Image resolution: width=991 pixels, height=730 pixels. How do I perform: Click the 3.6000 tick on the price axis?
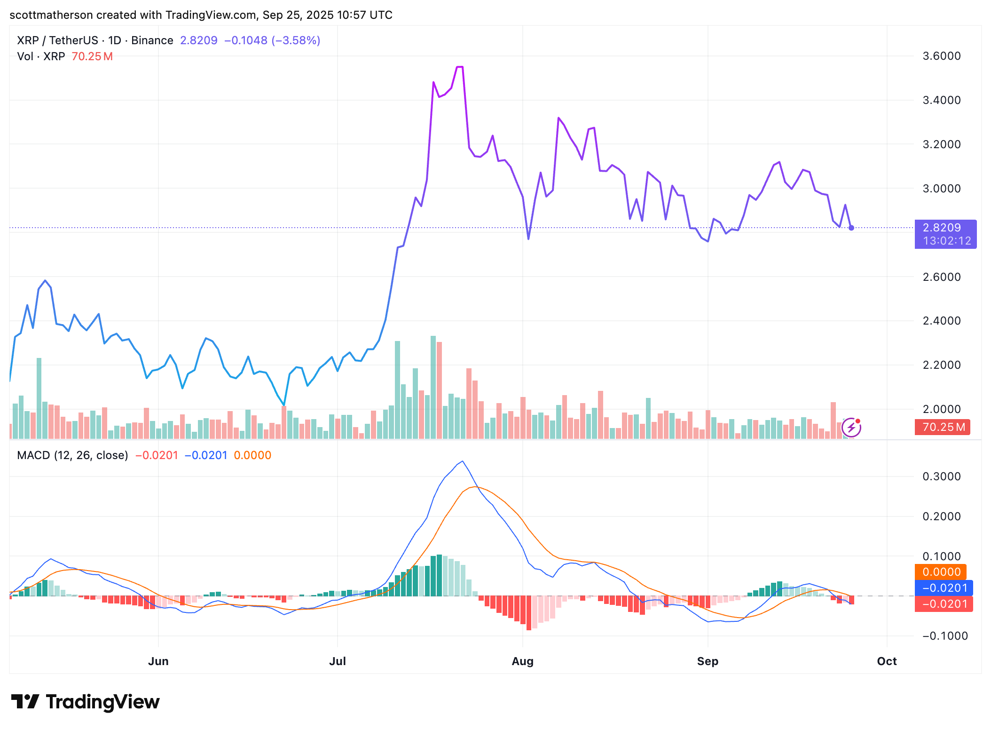(941, 56)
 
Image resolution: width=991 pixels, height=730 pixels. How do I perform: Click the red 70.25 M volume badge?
(942, 427)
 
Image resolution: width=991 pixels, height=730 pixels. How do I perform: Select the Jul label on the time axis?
(337, 661)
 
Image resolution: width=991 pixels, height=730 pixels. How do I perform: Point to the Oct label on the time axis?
(887, 661)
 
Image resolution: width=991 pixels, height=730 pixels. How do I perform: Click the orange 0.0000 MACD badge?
(941, 572)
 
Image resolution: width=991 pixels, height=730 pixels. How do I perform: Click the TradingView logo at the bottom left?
(85, 702)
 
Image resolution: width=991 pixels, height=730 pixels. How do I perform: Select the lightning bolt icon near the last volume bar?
(851, 428)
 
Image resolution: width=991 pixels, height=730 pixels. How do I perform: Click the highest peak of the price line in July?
(460, 67)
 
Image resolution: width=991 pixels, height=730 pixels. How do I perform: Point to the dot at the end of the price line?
(851, 228)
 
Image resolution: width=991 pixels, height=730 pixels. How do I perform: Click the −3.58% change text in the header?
(296, 40)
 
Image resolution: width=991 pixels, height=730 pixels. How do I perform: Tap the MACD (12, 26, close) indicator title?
(72, 455)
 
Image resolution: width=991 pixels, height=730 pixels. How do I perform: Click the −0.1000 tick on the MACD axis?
(941, 636)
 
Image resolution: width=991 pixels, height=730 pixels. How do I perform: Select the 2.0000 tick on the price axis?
(941, 409)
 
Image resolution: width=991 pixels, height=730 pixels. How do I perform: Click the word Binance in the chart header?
(152, 40)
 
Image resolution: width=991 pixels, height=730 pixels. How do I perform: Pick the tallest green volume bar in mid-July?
(433, 387)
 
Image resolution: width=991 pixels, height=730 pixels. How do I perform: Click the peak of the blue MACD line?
(463, 461)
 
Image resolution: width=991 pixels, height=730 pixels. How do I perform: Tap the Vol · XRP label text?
(41, 56)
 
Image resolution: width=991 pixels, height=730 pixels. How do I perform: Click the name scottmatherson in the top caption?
(51, 15)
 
